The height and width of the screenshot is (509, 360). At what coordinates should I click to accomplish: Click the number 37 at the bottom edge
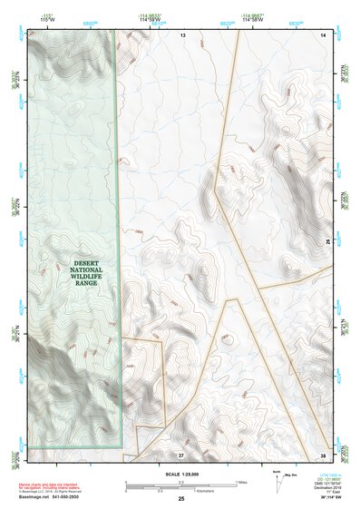(181, 454)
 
